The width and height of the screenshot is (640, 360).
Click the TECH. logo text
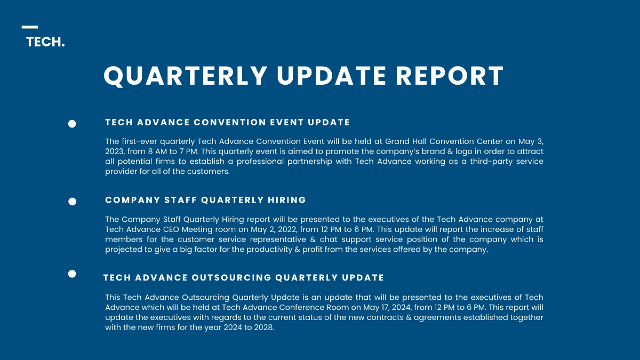click(45, 42)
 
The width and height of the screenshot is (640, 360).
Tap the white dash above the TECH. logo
click(30, 27)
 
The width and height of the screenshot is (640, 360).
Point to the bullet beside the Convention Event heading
click(72, 124)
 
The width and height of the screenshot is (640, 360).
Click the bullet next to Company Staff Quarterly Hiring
click(72, 202)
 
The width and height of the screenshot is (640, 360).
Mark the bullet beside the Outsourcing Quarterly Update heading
click(72, 274)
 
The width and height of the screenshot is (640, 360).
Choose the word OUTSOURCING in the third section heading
click(231, 277)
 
